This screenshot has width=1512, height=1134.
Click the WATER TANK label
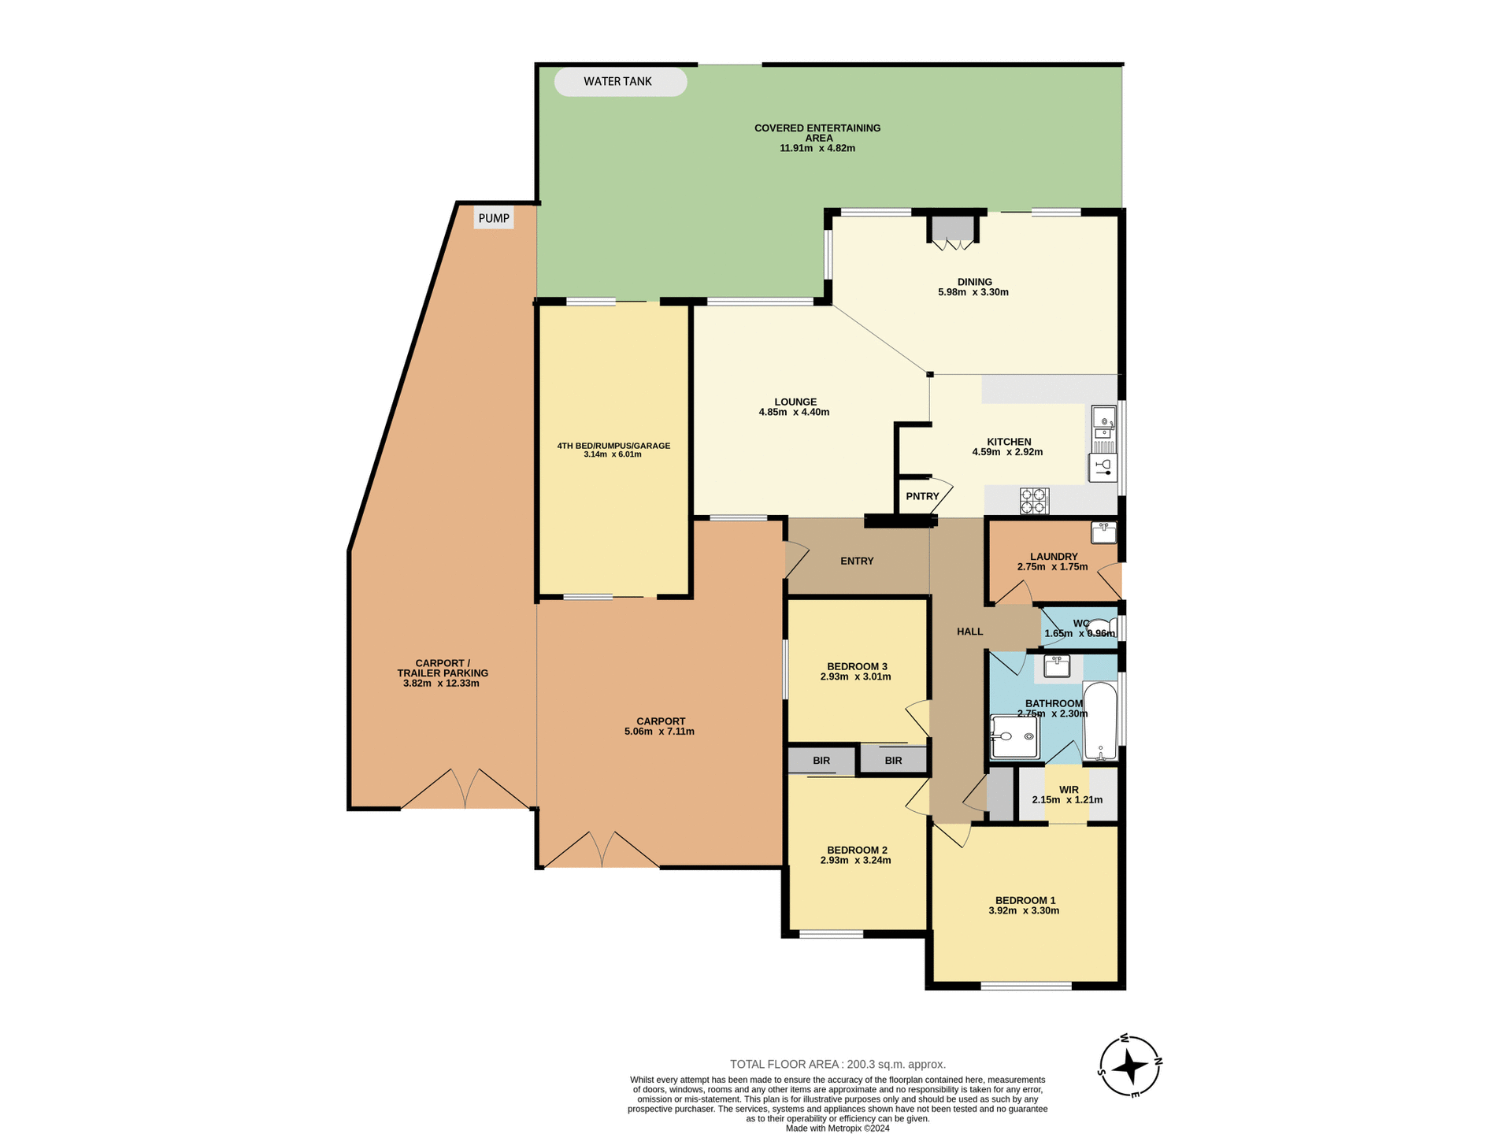click(x=618, y=82)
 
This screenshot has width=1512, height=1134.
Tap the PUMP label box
click(x=494, y=218)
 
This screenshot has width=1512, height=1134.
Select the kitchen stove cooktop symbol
click(x=1034, y=501)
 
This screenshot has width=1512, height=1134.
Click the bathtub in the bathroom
click(x=1099, y=721)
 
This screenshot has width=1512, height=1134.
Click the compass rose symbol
click(x=1131, y=1067)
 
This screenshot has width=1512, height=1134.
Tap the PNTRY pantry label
click(x=922, y=497)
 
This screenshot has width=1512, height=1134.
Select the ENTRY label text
click(x=857, y=561)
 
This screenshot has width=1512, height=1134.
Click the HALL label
click(x=969, y=632)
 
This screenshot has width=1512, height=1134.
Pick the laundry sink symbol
click(x=1103, y=533)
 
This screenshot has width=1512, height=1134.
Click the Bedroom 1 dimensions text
click(x=1024, y=911)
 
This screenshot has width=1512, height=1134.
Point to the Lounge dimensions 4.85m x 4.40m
click(x=794, y=413)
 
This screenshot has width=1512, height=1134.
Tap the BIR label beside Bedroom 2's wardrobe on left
click(x=821, y=762)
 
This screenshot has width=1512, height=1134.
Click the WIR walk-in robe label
click(x=1069, y=790)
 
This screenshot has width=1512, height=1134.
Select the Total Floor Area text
click(x=838, y=1064)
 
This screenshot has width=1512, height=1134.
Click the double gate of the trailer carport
click(x=465, y=790)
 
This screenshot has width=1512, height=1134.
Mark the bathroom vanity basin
click(x=1057, y=666)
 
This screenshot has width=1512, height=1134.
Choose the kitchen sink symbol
click(x=1104, y=422)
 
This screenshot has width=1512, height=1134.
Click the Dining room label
click(x=974, y=282)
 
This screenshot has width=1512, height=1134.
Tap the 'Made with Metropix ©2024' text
click(x=838, y=1128)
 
